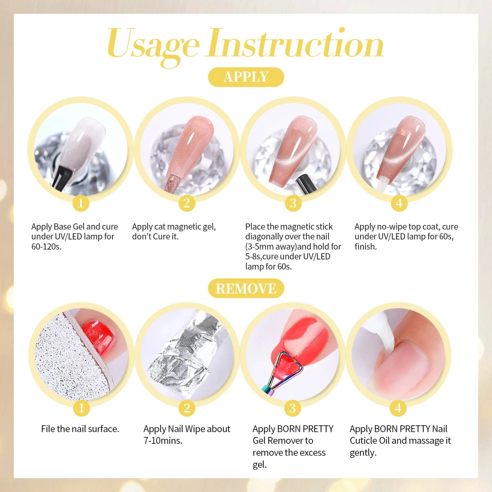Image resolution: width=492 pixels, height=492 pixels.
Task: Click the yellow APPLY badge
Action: (x=246, y=77)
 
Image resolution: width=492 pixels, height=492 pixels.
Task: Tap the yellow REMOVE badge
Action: (x=246, y=288)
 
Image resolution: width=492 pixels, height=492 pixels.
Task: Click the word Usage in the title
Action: (x=153, y=46)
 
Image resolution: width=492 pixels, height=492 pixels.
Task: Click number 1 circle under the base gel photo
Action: (x=81, y=203)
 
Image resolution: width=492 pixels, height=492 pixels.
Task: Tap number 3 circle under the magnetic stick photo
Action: (x=293, y=203)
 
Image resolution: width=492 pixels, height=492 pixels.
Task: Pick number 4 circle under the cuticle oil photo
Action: (x=398, y=408)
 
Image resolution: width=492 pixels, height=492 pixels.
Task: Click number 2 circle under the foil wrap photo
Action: (x=187, y=408)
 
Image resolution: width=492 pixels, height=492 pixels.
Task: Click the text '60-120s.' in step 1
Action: (x=46, y=247)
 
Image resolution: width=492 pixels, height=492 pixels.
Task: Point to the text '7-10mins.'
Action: (x=163, y=441)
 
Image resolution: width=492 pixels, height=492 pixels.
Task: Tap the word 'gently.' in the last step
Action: (x=363, y=453)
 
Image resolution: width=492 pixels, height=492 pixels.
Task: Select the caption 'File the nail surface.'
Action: (x=80, y=429)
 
